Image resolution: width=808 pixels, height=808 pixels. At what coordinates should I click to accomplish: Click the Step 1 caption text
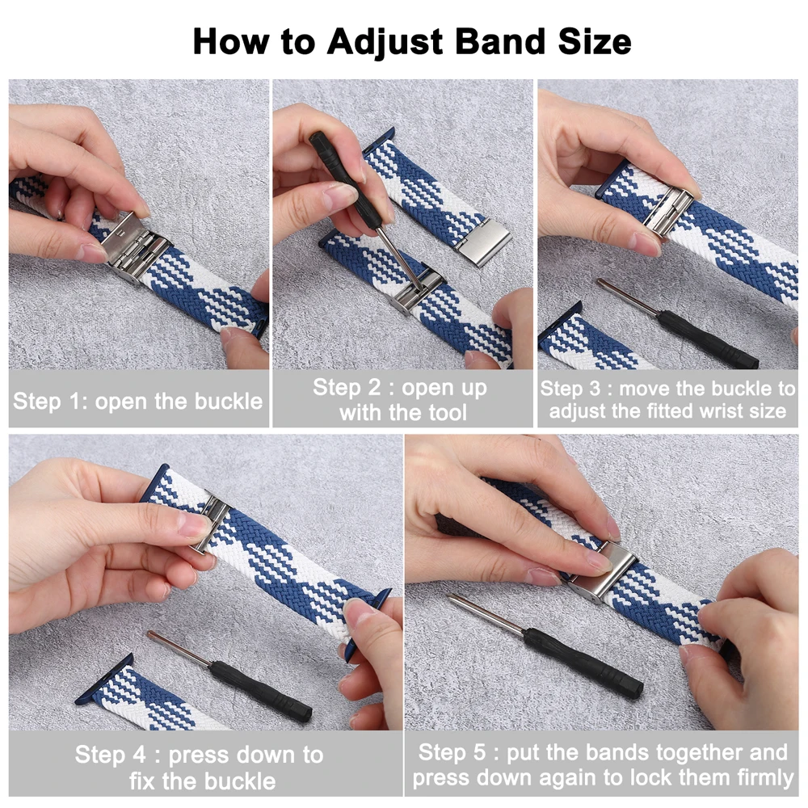tap(138, 401)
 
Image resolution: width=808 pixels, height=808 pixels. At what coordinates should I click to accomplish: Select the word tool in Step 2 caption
tap(443, 413)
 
